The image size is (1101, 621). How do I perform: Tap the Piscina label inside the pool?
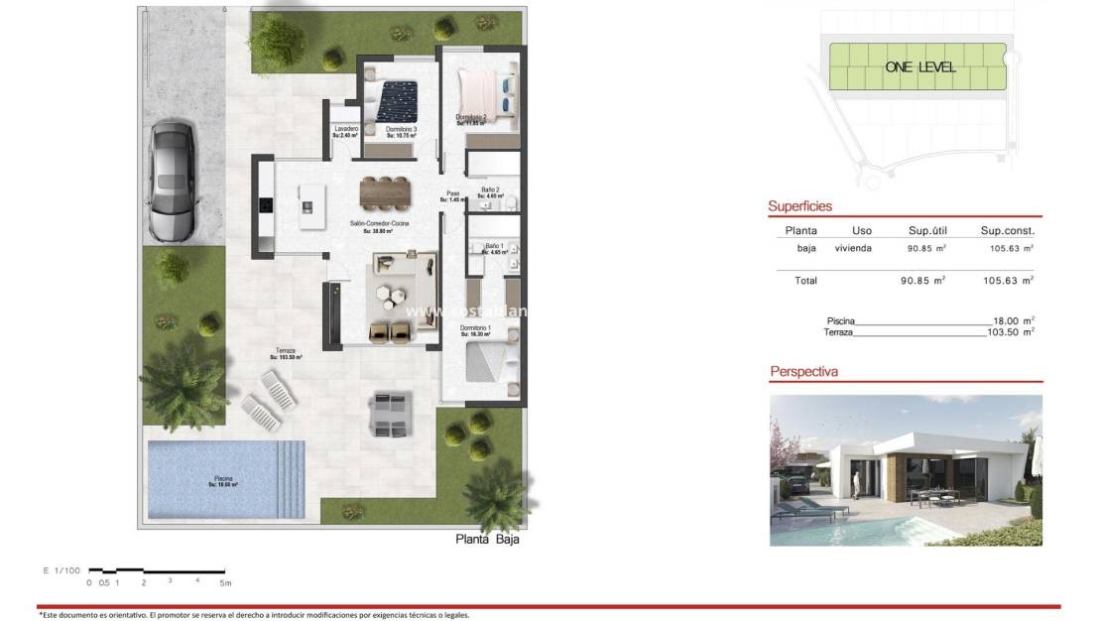(x=222, y=480)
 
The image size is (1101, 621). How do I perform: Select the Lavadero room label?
(x=345, y=131)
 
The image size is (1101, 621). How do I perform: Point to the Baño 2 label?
(x=490, y=191)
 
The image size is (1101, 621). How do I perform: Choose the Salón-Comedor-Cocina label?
(x=379, y=226)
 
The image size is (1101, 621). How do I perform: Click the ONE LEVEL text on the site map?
(x=919, y=66)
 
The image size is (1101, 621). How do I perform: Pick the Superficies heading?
(x=799, y=206)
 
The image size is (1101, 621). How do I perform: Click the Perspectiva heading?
(x=803, y=372)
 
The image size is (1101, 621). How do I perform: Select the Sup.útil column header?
(x=928, y=230)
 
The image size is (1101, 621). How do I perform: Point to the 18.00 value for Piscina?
(x=1014, y=320)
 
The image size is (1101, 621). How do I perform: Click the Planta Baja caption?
(x=487, y=540)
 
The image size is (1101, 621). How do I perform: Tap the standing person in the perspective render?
(x=856, y=483)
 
